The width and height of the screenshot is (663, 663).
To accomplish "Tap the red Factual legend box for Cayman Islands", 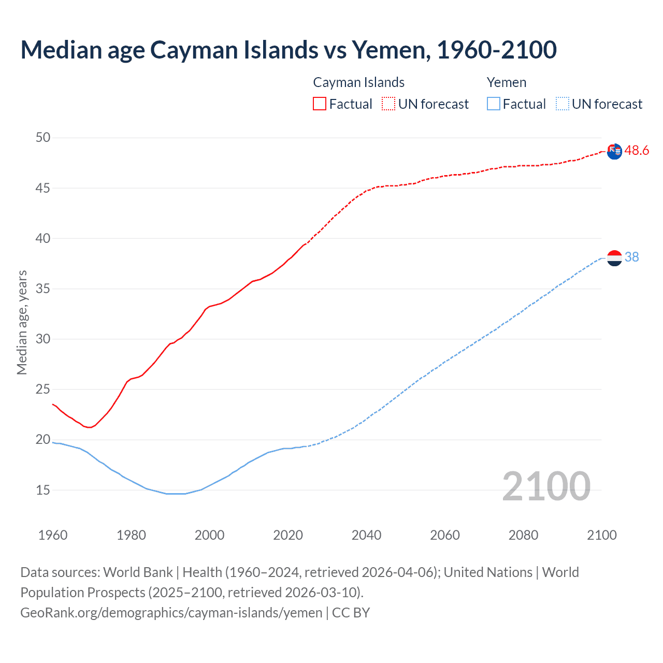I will coord(320,104).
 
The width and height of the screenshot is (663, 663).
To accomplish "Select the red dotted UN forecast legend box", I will coord(388,104).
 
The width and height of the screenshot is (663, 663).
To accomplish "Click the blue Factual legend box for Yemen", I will coord(494,104).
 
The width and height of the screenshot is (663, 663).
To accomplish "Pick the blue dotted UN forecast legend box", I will coord(562,104).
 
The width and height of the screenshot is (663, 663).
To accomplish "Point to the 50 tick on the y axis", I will coord(43,137).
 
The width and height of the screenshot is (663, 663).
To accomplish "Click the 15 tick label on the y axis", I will coord(43,489).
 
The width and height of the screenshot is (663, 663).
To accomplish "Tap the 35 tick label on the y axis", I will coord(43,289).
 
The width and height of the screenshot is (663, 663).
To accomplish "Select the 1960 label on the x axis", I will coord(53,535).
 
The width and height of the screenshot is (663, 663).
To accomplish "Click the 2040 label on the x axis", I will coord(366,535).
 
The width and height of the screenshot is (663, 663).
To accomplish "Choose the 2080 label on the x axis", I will coord(523,535).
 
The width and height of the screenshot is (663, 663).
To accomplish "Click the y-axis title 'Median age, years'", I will coord(22,322).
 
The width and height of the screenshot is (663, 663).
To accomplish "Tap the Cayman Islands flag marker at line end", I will coord(614,152).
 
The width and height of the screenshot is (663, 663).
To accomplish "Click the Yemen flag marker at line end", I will coord(614,257).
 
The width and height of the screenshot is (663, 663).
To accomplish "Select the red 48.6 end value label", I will coord(637,151).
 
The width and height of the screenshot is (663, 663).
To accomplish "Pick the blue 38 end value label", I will coord(632,257).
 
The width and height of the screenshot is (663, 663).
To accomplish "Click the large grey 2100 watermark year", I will coord(546,486).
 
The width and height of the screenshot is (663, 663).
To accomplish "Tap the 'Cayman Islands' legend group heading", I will coord(358,82).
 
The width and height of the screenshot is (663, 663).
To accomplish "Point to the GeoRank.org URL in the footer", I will coord(171,613).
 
